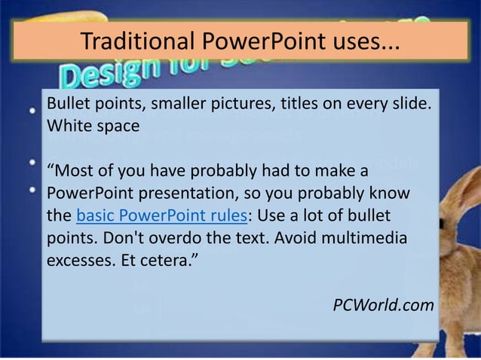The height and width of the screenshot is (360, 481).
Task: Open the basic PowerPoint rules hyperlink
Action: click(162, 216)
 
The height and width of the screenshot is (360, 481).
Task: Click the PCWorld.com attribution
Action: click(383, 305)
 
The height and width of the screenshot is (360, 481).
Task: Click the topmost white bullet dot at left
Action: click(32, 110)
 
